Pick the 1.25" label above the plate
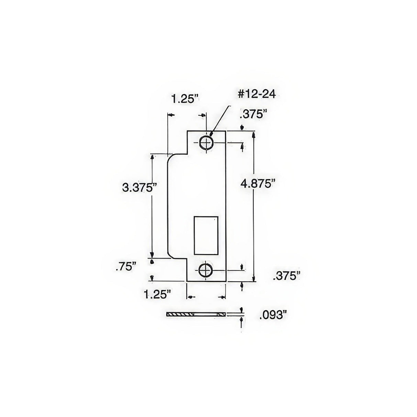(x=185, y=99)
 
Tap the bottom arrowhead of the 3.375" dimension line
(x=152, y=254)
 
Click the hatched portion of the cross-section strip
(x=179, y=314)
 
